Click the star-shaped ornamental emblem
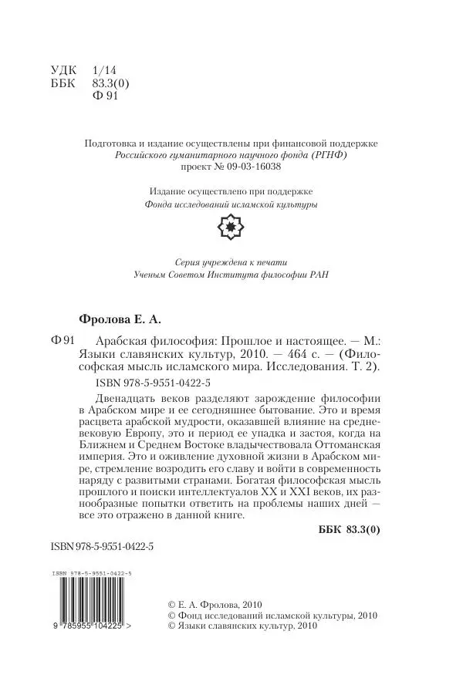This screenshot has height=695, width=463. pos(231,228)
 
